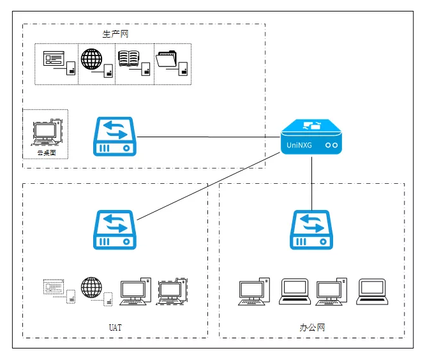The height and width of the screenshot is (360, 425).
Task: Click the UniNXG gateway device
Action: pyautogui.click(x=311, y=137)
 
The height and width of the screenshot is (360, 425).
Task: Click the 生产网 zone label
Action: pyautogui.click(x=116, y=34)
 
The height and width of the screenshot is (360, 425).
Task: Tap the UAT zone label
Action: pyautogui.click(x=115, y=327)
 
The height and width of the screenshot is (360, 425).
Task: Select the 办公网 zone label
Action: pyautogui.click(x=312, y=327)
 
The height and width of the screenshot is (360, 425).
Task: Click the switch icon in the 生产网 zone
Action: pyautogui.click(x=116, y=137)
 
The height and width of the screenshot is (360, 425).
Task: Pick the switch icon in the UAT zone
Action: pyautogui.click(x=116, y=230)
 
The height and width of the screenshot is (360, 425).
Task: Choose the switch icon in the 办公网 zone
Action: pyautogui.click(x=312, y=230)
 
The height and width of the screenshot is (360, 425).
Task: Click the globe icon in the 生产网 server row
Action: pyautogui.click(x=92, y=59)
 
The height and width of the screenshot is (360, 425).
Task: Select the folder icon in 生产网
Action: pyautogui.click(x=167, y=59)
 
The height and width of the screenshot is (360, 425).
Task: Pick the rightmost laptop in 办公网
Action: pyautogui.click(x=371, y=290)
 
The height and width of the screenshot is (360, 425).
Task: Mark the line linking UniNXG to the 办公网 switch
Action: pyautogui.click(x=311, y=182)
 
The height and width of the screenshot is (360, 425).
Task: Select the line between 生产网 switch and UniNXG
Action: pyautogui.click(x=211, y=137)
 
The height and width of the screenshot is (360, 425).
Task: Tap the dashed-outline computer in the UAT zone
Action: pyautogui.click(x=172, y=291)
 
